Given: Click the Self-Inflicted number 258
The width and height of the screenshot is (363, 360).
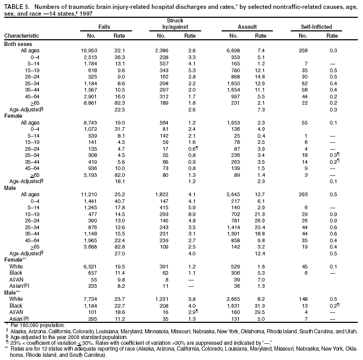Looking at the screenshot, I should click(303, 50).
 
